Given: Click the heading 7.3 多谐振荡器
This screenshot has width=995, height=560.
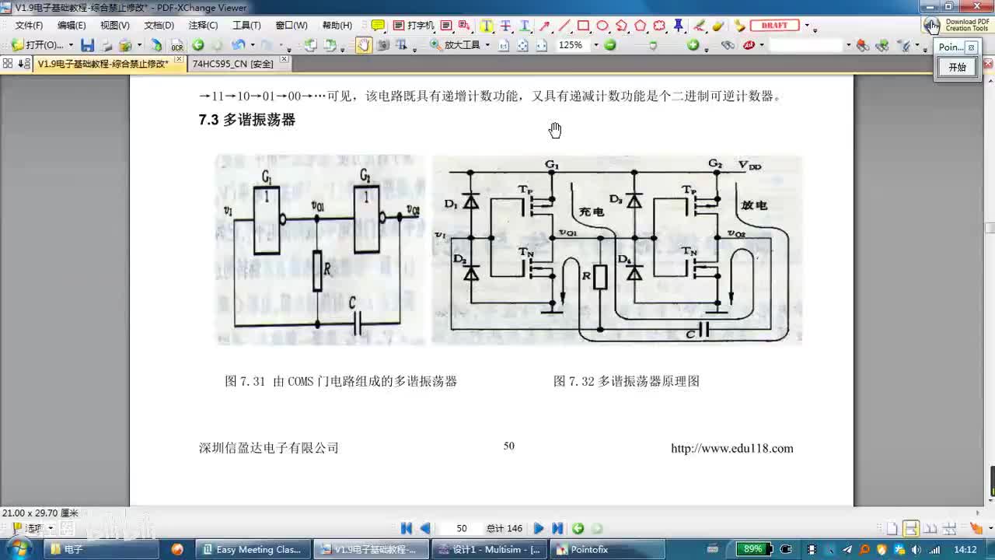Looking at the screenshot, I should coord(247,120).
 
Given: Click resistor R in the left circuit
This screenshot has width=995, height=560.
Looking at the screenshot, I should coord(317,271).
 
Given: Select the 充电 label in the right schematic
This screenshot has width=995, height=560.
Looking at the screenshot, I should coord(592,212).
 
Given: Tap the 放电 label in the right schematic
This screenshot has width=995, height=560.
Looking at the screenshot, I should coord(754,205).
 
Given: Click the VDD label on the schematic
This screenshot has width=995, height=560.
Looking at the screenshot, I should coord(750,166).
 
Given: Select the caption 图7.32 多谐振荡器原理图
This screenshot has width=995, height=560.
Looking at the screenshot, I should coord(627,381).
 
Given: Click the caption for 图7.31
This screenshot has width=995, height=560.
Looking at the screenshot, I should coord(340,381).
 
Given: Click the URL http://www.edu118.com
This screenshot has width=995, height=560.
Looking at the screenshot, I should coord(731,448).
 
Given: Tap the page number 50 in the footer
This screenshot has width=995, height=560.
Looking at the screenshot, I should coord(509,446).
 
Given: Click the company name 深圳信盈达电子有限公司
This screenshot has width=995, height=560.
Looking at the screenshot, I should coord(269,448).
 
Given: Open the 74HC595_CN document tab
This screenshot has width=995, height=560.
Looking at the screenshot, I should coord(232,64).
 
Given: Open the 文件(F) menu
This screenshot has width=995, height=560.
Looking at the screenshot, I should coord(29,26).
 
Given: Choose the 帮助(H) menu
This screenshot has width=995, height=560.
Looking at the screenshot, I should coord(337,26).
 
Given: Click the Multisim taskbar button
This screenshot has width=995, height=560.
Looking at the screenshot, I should coord(490,549).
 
